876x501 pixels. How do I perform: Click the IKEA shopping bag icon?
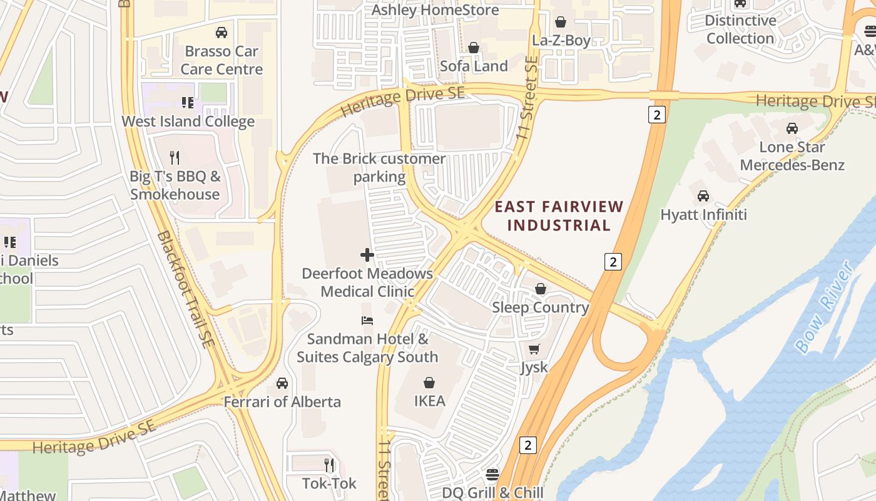click(x=429, y=382)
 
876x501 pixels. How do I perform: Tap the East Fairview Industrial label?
click(x=559, y=216)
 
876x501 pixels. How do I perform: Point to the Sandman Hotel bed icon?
click(x=367, y=321)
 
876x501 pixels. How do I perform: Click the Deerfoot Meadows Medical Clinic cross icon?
click(x=367, y=255)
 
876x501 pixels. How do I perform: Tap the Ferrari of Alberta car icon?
click(x=282, y=383)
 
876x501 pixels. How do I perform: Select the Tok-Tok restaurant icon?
click(x=329, y=465)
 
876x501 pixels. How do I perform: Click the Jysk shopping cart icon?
click(x=534, y=349)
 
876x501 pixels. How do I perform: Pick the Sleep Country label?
click(x=541, y=307)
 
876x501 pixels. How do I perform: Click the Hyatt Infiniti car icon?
click(x=703, y=196)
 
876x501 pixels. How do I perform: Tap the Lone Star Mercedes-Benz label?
click(x=792, y=157)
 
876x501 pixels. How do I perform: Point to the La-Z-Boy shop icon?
click(x=561, y=22)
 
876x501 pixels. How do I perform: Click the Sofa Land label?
click(x=474, y=66)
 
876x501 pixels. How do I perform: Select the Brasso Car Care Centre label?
click(x=222, y=60)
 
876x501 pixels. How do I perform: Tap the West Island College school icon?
click(x=187, y=102)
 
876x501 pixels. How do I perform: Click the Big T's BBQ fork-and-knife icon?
click(x=175, y=157)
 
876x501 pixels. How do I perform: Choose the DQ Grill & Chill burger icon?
click(x=492, y=474)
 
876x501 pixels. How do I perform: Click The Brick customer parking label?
click(x=379, y=168)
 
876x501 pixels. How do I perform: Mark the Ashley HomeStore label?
click(x=435, y=10)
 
